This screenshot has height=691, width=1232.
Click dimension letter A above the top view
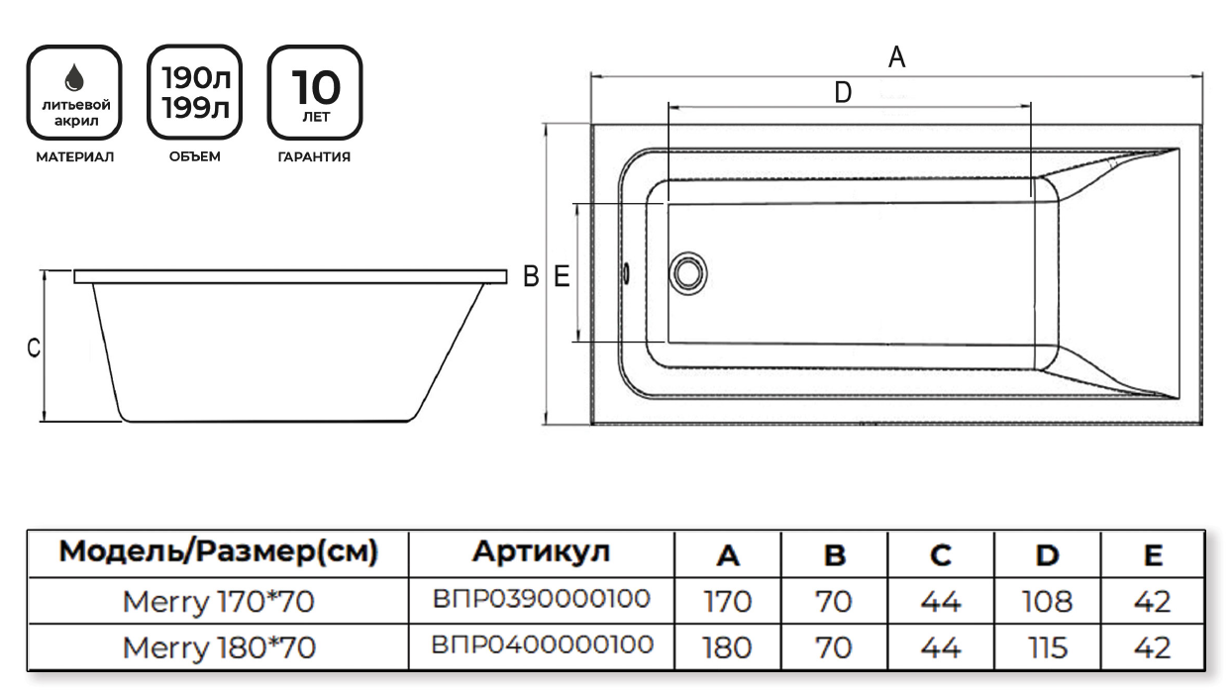click(896, 57)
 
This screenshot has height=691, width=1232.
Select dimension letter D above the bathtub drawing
click(843, 93)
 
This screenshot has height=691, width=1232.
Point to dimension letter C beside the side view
click(33, 348)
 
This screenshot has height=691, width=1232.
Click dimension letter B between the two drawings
click(531, 276)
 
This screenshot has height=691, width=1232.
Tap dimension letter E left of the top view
click(562, 276)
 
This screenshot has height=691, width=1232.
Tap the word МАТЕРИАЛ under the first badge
click(75, 156)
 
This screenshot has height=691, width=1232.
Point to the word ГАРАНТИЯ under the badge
click(314, 156)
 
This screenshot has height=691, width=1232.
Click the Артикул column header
click(541, 551)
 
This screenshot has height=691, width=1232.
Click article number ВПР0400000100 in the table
click(541, 645)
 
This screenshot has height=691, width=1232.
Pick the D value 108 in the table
click(1046, 600)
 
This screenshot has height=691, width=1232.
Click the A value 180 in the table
click(728, 646)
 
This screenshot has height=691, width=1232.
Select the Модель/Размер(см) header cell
click(219, 551)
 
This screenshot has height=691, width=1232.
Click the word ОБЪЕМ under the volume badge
click(194, 156)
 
